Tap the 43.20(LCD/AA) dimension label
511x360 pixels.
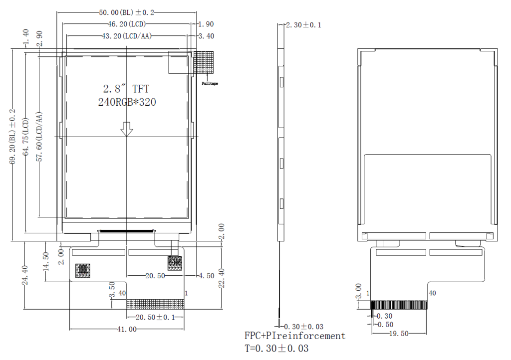(x=127, y=36)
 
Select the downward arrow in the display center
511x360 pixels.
(x=127, y=129)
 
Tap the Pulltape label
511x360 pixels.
(x=210, y=84)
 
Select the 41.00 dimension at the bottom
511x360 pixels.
(x=127, y=329)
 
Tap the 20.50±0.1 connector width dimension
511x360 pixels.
(x=156, y=317)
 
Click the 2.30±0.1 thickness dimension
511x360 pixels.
(x=303, y=25)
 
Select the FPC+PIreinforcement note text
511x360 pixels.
(x=294, y=336)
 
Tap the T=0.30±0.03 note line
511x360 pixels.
(x=276, y=349)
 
